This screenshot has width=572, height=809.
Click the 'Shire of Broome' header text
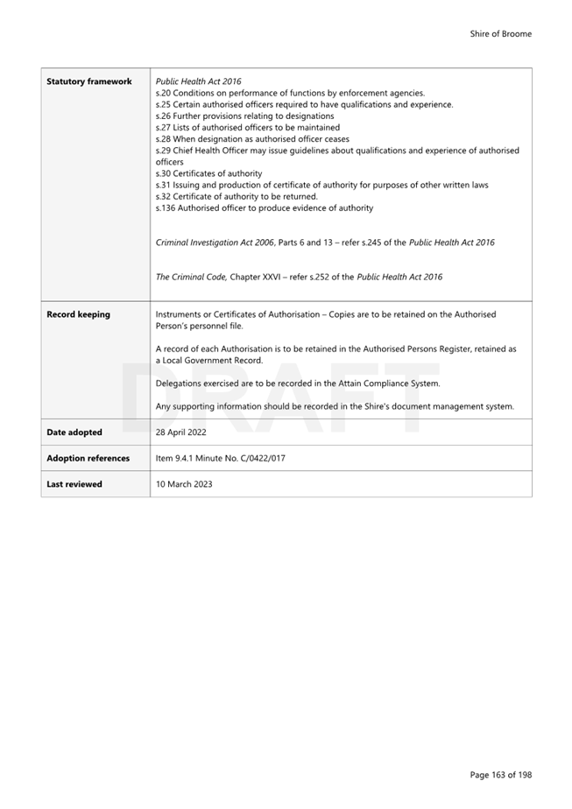(500, 34)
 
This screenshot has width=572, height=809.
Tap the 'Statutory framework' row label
(88, 81)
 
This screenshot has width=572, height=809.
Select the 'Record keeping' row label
(78, 314)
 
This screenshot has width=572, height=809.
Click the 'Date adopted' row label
(74, 433)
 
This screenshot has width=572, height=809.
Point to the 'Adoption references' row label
(88, 458)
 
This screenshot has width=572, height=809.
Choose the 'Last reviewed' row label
(74, 484)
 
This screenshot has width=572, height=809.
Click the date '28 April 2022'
(180, 433)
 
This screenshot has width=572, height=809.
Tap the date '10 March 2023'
(183, 484)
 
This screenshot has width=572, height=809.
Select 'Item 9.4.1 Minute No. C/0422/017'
(220, 458)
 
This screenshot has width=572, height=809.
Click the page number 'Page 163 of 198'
(500, 775)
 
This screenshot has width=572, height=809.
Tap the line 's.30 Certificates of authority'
(208, 173)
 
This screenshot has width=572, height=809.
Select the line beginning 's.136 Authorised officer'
(264, 208)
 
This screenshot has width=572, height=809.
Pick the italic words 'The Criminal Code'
(191, 278)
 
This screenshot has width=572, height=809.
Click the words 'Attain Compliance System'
(385, 383)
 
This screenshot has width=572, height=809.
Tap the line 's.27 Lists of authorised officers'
(247, 128)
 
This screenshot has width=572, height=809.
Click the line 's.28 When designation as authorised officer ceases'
(251, 139)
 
